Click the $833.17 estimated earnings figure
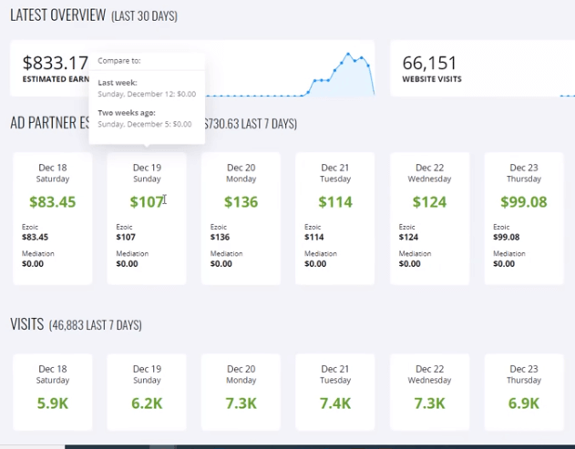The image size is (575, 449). (x=56, y=63)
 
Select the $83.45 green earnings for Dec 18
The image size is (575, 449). (x=52, y=201)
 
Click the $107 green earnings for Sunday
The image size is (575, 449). (x=145, y=201)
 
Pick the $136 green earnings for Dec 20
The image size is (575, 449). (x=241, y=201)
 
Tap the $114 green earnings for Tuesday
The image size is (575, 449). (x=335, y=201)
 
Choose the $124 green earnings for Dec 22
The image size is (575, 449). (x=429, y=201)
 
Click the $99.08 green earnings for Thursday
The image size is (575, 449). (x=524, y=201)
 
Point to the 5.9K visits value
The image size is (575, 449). (x=52, y=403)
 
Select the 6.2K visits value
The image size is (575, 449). (x=147, y=403)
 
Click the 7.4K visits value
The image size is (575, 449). (x=335, y=403)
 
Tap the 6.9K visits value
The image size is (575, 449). (x=524, y=403)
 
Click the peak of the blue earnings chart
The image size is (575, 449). (x=348, y=53)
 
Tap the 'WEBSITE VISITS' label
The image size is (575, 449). (x=432, y=79)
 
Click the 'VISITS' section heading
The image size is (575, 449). (x=27, y=324)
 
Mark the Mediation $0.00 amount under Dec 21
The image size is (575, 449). (x=315, y=264)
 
